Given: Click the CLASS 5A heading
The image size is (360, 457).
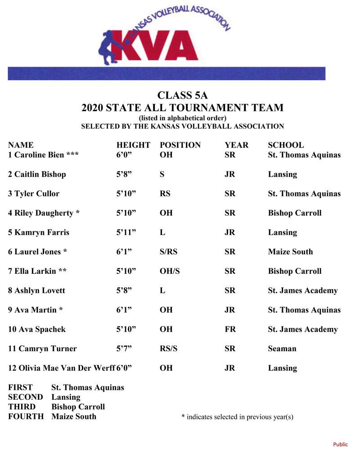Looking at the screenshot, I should coord(182,95).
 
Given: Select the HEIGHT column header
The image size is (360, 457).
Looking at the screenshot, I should coord(133,145).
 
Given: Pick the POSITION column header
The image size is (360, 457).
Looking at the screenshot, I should coord(180,145).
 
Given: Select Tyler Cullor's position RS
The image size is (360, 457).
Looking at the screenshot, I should coord(165,194).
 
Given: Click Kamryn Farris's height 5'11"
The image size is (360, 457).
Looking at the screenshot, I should coord(126,232).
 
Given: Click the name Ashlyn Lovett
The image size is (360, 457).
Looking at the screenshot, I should coord(36,290).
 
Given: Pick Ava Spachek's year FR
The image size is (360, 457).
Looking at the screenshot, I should coord(230,329).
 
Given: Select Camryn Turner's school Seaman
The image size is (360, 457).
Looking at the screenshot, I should coord(282,348).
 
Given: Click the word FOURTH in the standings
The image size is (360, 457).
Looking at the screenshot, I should coord(26,416).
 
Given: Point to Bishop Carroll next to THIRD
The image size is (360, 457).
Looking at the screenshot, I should coord(78,407).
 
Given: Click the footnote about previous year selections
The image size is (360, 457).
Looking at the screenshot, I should coord(237,417).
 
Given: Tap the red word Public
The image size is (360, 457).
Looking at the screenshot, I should coord(340,444).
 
